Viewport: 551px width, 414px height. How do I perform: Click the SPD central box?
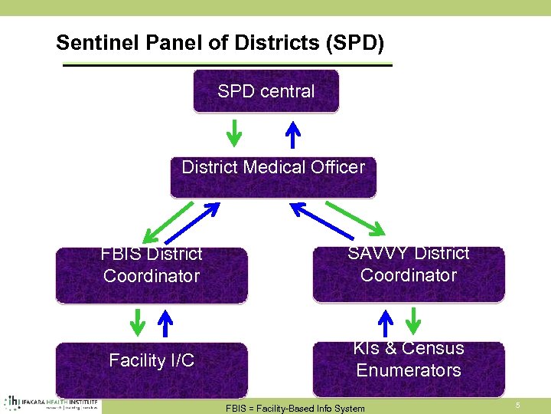(x=266, y=91)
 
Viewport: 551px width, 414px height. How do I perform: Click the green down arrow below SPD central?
(x=236, y=133)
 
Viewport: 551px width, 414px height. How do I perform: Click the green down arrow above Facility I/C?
(x=136, y=322)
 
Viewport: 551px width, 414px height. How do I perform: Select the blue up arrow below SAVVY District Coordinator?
(x=386, y=322)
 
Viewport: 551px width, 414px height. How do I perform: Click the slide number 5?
(x=517, y=405)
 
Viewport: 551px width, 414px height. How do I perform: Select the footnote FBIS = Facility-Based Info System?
(x=295, y=408)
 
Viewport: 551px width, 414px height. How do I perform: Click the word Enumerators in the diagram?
(x=408, y=370)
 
